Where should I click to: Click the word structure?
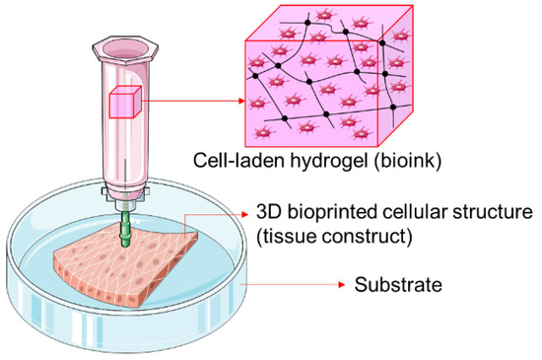click(x=499, y=213)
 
